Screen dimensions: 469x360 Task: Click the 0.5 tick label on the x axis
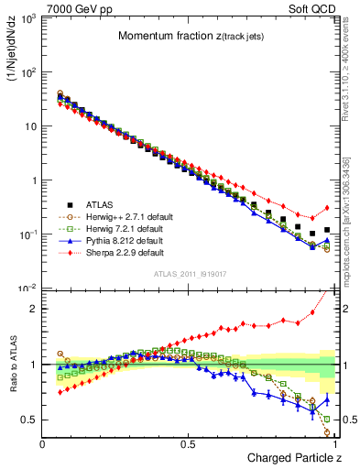(189, 443)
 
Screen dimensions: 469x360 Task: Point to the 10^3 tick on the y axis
(27, 18)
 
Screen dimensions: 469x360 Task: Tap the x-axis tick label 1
(335, 443)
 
